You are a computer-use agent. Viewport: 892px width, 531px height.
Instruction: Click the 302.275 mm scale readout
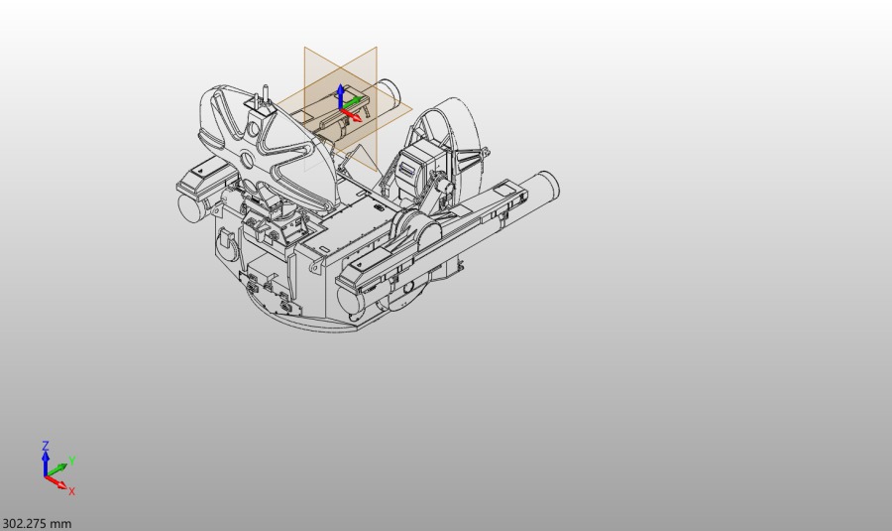[37, 524]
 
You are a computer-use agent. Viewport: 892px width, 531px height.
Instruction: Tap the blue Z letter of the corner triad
[46, 446]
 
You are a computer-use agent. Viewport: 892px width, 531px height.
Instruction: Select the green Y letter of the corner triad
[72, 461]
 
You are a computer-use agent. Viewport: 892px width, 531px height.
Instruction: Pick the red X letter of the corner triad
[71, 491]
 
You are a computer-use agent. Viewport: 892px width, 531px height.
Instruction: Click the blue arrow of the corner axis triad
[46, 464]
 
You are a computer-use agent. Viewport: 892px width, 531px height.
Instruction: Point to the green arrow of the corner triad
[56, 470]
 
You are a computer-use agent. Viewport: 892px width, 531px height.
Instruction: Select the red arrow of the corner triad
[56, 482]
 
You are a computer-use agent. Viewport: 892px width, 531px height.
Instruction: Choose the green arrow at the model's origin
[351, 102]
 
